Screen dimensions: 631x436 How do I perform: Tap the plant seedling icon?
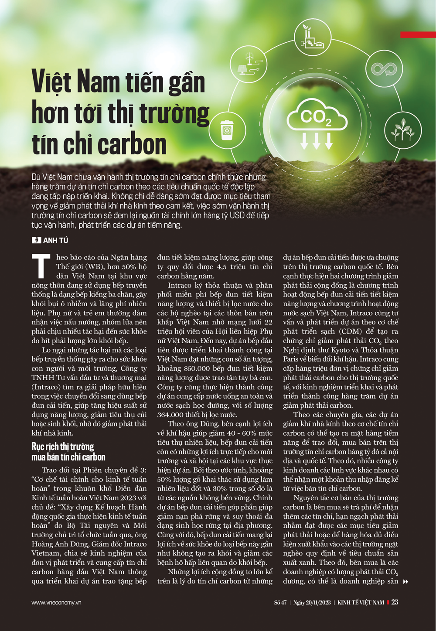click(402, 130)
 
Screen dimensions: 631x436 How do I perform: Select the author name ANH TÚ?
click(55, 240)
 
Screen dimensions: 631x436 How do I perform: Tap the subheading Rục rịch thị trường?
click(63, 447)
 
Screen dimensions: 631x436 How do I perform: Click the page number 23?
click(395, 602)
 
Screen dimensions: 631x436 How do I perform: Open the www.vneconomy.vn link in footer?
click(56, 603)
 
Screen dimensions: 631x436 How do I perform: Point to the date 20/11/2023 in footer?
click(318, 603)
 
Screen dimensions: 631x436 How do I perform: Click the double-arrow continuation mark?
click(405, 582)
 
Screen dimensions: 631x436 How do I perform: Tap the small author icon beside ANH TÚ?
click(37, 240)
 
